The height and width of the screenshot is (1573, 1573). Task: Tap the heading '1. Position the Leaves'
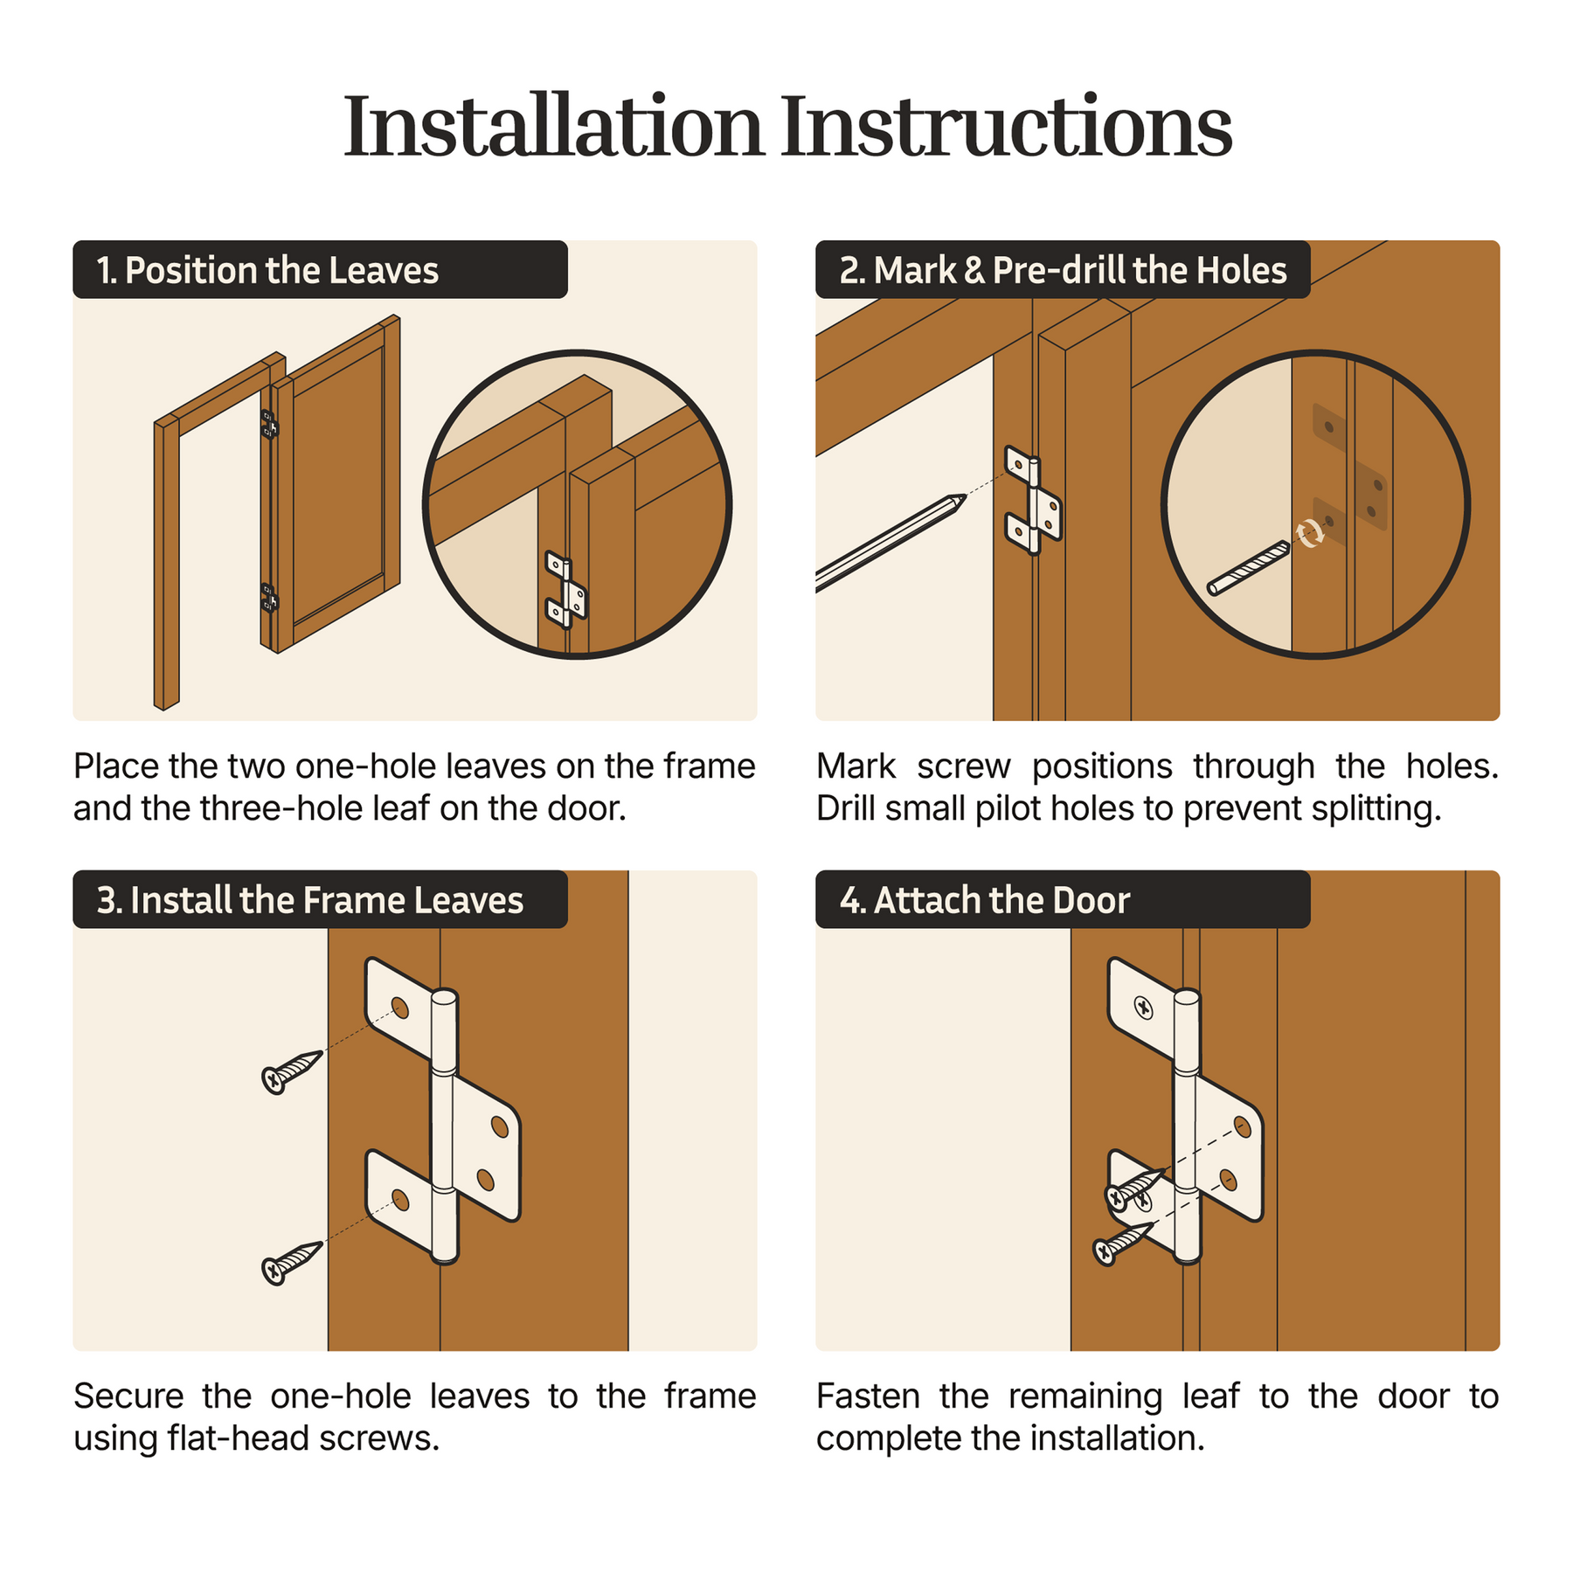(267, 270)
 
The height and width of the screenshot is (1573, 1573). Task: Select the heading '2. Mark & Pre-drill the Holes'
(1063, 270)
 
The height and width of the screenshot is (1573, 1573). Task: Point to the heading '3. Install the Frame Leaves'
(310, 900)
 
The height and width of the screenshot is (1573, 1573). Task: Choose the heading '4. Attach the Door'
(985, 900)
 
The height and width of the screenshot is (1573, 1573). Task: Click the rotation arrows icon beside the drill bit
(1309, 533)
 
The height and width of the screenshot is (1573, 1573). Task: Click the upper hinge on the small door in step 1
(269, 424)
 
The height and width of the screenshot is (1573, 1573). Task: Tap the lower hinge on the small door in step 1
(269, 599)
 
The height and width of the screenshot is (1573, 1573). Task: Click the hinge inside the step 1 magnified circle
(565, 590)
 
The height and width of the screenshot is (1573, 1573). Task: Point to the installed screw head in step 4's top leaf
(1143, 1008)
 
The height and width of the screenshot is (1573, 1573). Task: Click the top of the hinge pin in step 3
(444, 997)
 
